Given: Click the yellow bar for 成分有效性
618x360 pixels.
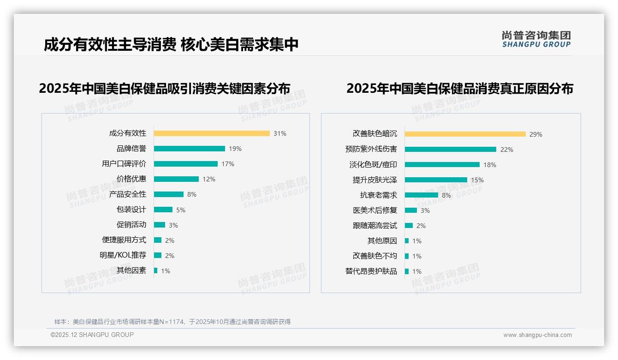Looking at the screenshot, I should click(x=212, y=133).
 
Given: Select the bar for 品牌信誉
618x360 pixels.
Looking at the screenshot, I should click(x=189, y=149).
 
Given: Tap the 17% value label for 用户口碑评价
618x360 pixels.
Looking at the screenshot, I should click(x=228, y=164).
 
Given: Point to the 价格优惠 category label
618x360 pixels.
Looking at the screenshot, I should click(x=131, y=179).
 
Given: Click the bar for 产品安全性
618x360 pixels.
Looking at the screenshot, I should click(x=168, y=194).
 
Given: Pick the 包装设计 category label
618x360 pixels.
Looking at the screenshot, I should click(x=131, y=210).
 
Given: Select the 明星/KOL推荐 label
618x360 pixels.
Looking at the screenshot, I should click(x=123, y=255).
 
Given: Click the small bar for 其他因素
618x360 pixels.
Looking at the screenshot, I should click(x=156, y=270).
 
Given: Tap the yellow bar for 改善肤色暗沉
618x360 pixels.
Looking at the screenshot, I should click(x=465, y=134).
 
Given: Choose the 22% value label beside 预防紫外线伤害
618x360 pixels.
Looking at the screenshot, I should click(x=507, y=150).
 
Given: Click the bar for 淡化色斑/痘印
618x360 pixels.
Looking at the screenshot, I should click(x=442, y=165).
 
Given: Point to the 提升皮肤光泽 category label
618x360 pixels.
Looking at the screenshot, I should click(x=374, y=180).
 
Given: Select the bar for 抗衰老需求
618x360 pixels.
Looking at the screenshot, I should click(x=421, y=195).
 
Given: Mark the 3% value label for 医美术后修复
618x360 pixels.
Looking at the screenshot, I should click(x=425, y=210).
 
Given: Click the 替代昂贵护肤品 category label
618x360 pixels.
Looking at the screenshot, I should click(x=371, y=271).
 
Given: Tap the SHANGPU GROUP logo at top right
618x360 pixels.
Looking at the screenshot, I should click(x=536, y=39).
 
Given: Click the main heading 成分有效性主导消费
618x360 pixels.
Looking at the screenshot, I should click(x=110, y=45).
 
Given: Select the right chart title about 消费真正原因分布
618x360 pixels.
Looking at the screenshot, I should click(x=459, y=88).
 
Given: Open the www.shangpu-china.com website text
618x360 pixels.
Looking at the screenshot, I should click(x=537, y=335).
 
